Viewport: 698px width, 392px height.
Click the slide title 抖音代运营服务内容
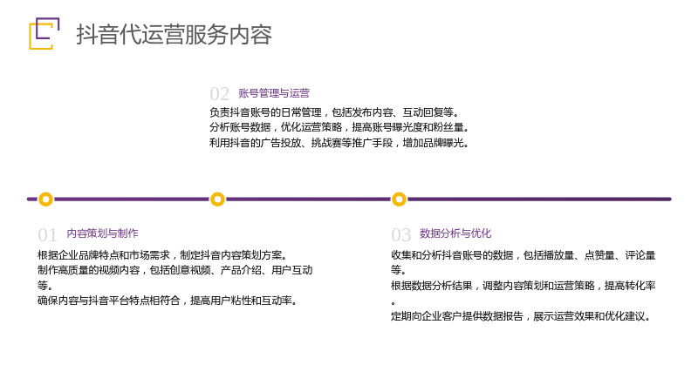point(174,34)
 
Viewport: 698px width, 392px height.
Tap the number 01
point(47,234)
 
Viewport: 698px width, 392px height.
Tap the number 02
point(220,94)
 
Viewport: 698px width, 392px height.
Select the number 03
point(400,234)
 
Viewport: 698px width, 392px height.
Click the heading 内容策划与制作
point(102,233)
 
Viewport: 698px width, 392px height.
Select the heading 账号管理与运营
point(274,93)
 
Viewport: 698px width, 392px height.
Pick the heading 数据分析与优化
point(455,233)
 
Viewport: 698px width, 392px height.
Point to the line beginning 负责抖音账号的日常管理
point(334,112)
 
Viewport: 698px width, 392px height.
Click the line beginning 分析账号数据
point(339,127)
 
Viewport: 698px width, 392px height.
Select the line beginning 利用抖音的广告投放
point(339,143)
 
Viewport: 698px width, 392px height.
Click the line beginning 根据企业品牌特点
point(162,255)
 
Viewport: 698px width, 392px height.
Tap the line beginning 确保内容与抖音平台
point(168,301)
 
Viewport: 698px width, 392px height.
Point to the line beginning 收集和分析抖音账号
point(523,255)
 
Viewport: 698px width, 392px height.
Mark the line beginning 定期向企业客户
point(521,316)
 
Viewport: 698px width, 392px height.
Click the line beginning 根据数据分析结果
point(523,286)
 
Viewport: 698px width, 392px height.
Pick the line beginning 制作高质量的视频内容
point(175,270)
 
